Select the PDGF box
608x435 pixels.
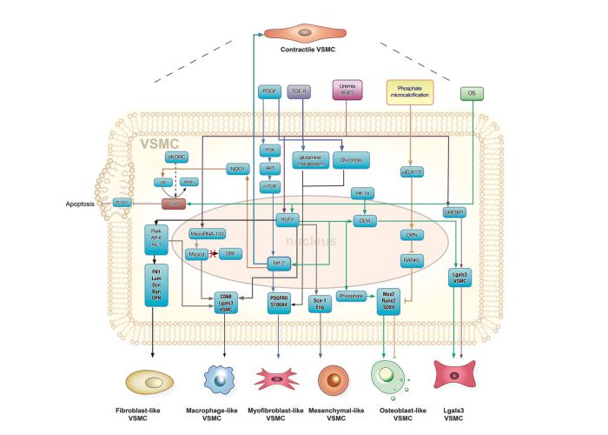point(268,91)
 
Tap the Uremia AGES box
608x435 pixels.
point(345,89)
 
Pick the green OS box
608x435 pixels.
point(472,91)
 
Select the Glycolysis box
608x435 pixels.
point(352,160)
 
